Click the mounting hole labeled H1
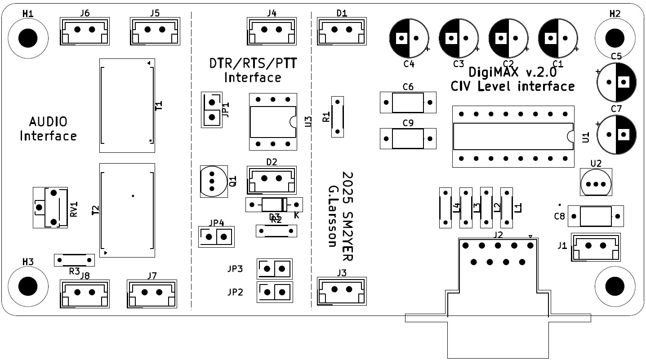27,37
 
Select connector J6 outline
85,31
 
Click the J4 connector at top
272,31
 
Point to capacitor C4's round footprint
409,39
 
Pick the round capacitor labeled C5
616,82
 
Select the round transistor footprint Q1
213,182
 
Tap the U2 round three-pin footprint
596,183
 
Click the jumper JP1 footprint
211,110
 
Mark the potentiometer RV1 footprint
50,208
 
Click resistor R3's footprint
74,260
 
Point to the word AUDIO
48,122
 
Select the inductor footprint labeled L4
446,207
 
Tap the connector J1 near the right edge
595,246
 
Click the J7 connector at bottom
152,293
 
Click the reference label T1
159,106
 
